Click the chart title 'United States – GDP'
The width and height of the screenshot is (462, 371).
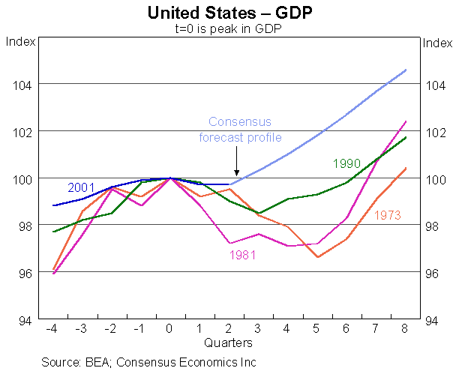tap(231, 13)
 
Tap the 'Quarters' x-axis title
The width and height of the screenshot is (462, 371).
tap(228, 343)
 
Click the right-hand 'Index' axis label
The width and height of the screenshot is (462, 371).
tap(438, 42)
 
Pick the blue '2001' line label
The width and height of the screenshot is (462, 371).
tap(80, 187)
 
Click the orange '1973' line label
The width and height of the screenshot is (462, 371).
tap(388, 216)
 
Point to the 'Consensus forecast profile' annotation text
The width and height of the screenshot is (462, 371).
tap(239, 130)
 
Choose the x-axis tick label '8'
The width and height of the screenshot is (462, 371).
tap(406, 328)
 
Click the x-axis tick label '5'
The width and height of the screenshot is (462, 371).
tap(317, 328)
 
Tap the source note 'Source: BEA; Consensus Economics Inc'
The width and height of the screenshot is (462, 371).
tap(149, 362)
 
